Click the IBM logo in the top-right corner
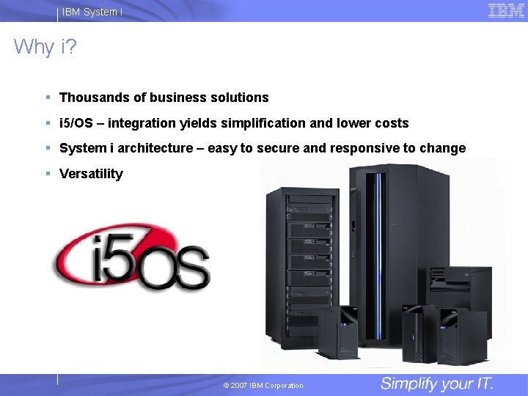(506, 11)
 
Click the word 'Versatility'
(91, 174)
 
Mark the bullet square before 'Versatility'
(47, 174)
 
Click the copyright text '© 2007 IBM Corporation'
(263, 386)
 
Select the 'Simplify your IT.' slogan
(437, 384)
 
